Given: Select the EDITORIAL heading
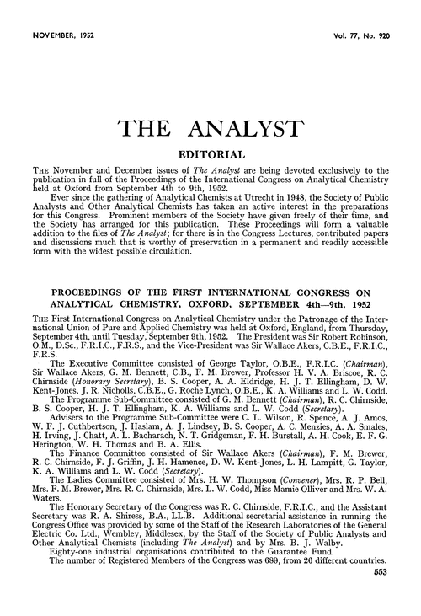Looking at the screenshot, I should click(210, 156).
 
